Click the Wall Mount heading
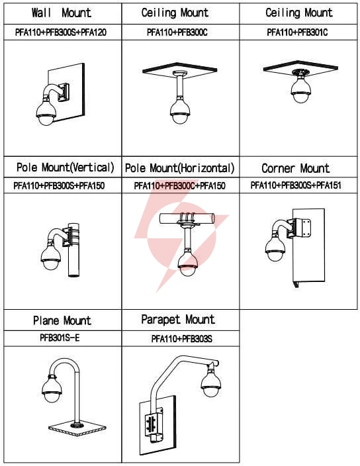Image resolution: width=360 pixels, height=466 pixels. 61,13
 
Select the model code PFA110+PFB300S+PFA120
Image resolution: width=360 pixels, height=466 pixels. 61,32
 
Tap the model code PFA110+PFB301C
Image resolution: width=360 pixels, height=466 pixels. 297,32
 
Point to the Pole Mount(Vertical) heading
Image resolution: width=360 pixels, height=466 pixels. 66,167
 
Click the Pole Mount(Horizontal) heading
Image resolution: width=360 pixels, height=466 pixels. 180,168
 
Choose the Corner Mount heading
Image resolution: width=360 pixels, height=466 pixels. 296,168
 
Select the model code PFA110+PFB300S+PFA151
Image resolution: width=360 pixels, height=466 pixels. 296,185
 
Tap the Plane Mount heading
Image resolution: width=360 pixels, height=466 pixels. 62,320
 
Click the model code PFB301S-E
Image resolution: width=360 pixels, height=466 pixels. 60,338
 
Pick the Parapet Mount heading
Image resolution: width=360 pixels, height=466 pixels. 178,320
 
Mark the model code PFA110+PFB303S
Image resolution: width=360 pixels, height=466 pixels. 182,339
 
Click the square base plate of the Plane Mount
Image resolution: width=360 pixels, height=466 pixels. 77,428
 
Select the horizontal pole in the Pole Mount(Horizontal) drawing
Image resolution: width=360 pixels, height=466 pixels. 187,219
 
